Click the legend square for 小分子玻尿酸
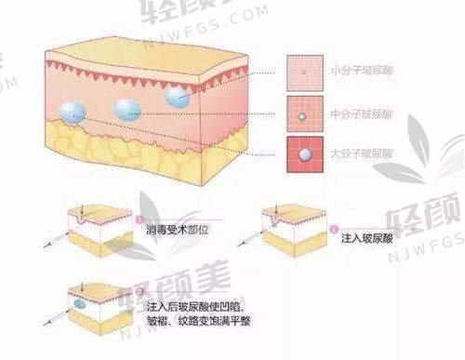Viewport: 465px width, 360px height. (300, 69)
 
